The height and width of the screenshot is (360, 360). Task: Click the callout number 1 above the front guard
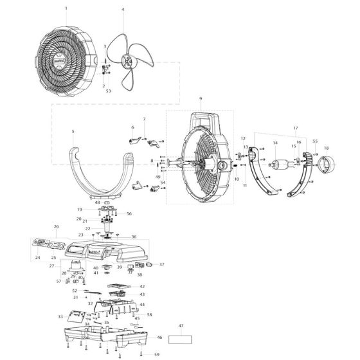click(x=66, y=10)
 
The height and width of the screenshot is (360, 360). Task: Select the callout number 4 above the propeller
click(x=123, y=10)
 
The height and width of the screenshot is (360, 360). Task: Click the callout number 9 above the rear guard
click(x=201, y=98)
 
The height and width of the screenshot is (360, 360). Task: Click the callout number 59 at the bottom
click(x=156, y=354)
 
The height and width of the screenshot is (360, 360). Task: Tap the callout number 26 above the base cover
click(x=56, y=226)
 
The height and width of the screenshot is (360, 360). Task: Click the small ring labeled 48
click(x=107, y=202)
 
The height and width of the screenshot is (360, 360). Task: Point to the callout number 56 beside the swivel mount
click(x=129, y=213)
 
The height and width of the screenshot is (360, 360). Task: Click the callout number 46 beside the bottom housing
click(x=159, y=337)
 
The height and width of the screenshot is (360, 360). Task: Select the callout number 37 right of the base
click(x=161, y=264)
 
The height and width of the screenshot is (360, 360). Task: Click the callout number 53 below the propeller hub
click(x=108, y=91)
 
